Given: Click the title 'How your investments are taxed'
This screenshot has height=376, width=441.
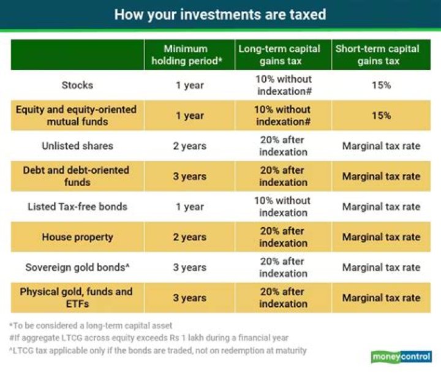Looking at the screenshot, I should [220, 14].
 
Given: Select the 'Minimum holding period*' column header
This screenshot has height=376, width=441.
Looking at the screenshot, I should [190, 55].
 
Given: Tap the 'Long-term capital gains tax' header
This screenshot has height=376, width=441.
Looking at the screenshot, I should [283, 55].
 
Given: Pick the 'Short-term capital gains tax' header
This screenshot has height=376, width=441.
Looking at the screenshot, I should [380, 55].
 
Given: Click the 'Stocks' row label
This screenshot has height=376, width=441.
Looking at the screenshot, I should [77, 85].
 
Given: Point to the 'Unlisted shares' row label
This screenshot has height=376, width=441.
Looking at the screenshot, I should [77, 146].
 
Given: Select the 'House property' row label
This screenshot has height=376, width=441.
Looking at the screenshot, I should [77, 237].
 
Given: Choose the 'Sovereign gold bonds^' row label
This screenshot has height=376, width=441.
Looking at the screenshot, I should [77, 268].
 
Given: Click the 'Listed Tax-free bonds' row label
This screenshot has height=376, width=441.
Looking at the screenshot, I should [77, 206].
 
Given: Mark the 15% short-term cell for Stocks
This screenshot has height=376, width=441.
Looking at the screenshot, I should [380, 85].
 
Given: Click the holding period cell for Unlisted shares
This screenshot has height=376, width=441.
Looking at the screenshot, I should [190, 146].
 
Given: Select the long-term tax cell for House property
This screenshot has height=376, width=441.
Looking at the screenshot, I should [283, 237].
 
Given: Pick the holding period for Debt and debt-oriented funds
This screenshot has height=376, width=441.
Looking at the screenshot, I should [190, 176].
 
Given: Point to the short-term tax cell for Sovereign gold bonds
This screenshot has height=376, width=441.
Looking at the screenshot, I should [381, 268].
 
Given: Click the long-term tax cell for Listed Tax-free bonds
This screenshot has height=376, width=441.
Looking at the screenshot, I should [283, 206].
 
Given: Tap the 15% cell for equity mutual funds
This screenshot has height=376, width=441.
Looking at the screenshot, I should [380, 116].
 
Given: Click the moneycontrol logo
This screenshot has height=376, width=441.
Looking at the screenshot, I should [401, 357].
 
